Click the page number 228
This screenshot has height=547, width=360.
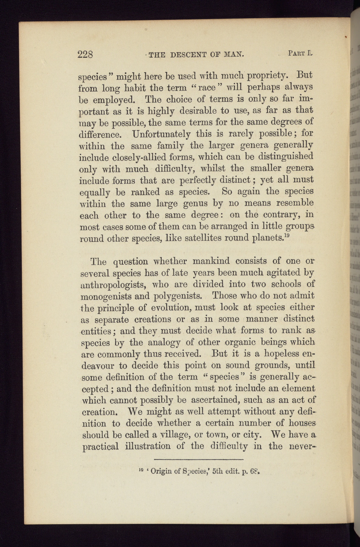(x=85, y=55)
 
